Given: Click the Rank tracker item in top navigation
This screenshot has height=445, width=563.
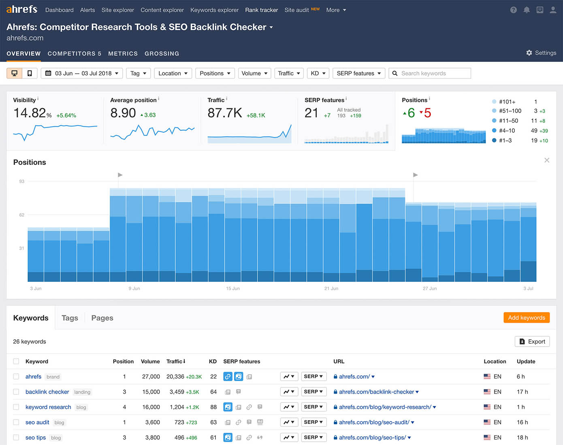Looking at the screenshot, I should tap(261, 10).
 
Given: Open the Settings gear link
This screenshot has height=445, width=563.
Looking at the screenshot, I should tap(541, 53).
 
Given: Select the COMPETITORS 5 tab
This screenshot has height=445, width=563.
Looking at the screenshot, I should tap(74, 53).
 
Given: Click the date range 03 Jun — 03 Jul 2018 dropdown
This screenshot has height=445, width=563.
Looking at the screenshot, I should tap(82, 73).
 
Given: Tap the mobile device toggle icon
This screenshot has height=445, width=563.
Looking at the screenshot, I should tap(30, 73).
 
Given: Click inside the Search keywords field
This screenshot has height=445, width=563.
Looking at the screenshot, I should tap(433, 73).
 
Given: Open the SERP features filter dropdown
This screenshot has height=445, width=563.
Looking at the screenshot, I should tap(358, 73).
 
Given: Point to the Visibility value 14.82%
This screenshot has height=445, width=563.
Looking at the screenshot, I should tap(32, 113).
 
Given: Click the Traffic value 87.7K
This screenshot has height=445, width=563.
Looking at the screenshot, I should tap(225, 113).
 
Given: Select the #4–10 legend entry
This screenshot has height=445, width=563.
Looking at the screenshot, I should tap(507, 130).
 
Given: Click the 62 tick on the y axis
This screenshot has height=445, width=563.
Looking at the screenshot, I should tap(22, 215).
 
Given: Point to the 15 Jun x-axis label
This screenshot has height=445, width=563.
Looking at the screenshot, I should tap(233, 289).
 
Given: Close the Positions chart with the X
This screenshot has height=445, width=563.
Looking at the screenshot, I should tap(547, 160).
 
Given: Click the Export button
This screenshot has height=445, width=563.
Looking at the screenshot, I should tap(532, 342).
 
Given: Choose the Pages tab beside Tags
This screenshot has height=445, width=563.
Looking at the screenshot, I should tap(102, 318).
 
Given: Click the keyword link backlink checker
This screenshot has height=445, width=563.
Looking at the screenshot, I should tap(47, 392).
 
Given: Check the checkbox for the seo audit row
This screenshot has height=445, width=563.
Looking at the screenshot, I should tap(16, 422).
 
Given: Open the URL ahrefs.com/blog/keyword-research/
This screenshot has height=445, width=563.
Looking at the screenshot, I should tap(385, 407).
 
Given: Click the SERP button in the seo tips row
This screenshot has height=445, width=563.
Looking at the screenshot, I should tap(313, 438).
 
